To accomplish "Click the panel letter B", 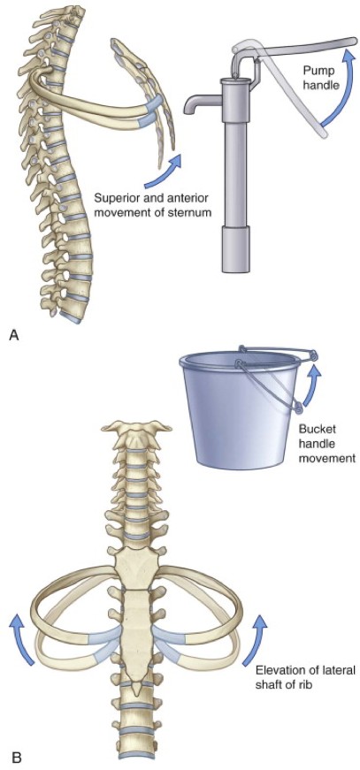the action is [16, 759].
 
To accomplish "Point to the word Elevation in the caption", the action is [276, 669].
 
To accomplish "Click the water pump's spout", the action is [202, 102].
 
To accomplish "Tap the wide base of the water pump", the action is [235, 249].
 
